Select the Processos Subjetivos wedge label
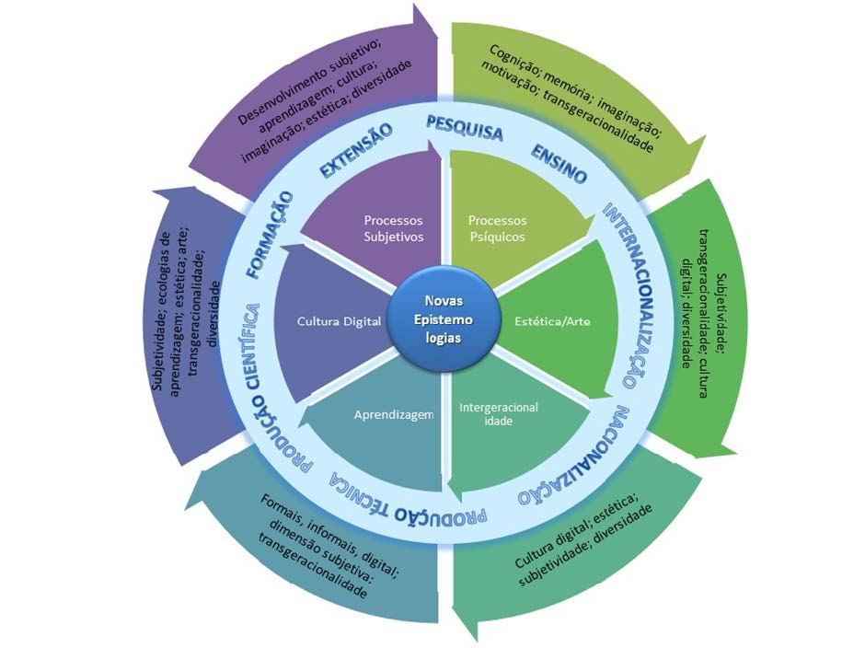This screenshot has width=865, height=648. pos(393,228)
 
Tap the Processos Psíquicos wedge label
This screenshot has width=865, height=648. pos(497,228)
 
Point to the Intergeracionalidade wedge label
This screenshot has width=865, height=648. pos(498,413)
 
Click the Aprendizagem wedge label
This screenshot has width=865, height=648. pos(393,415)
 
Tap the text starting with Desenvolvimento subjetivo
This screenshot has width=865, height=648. pos(327,108)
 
